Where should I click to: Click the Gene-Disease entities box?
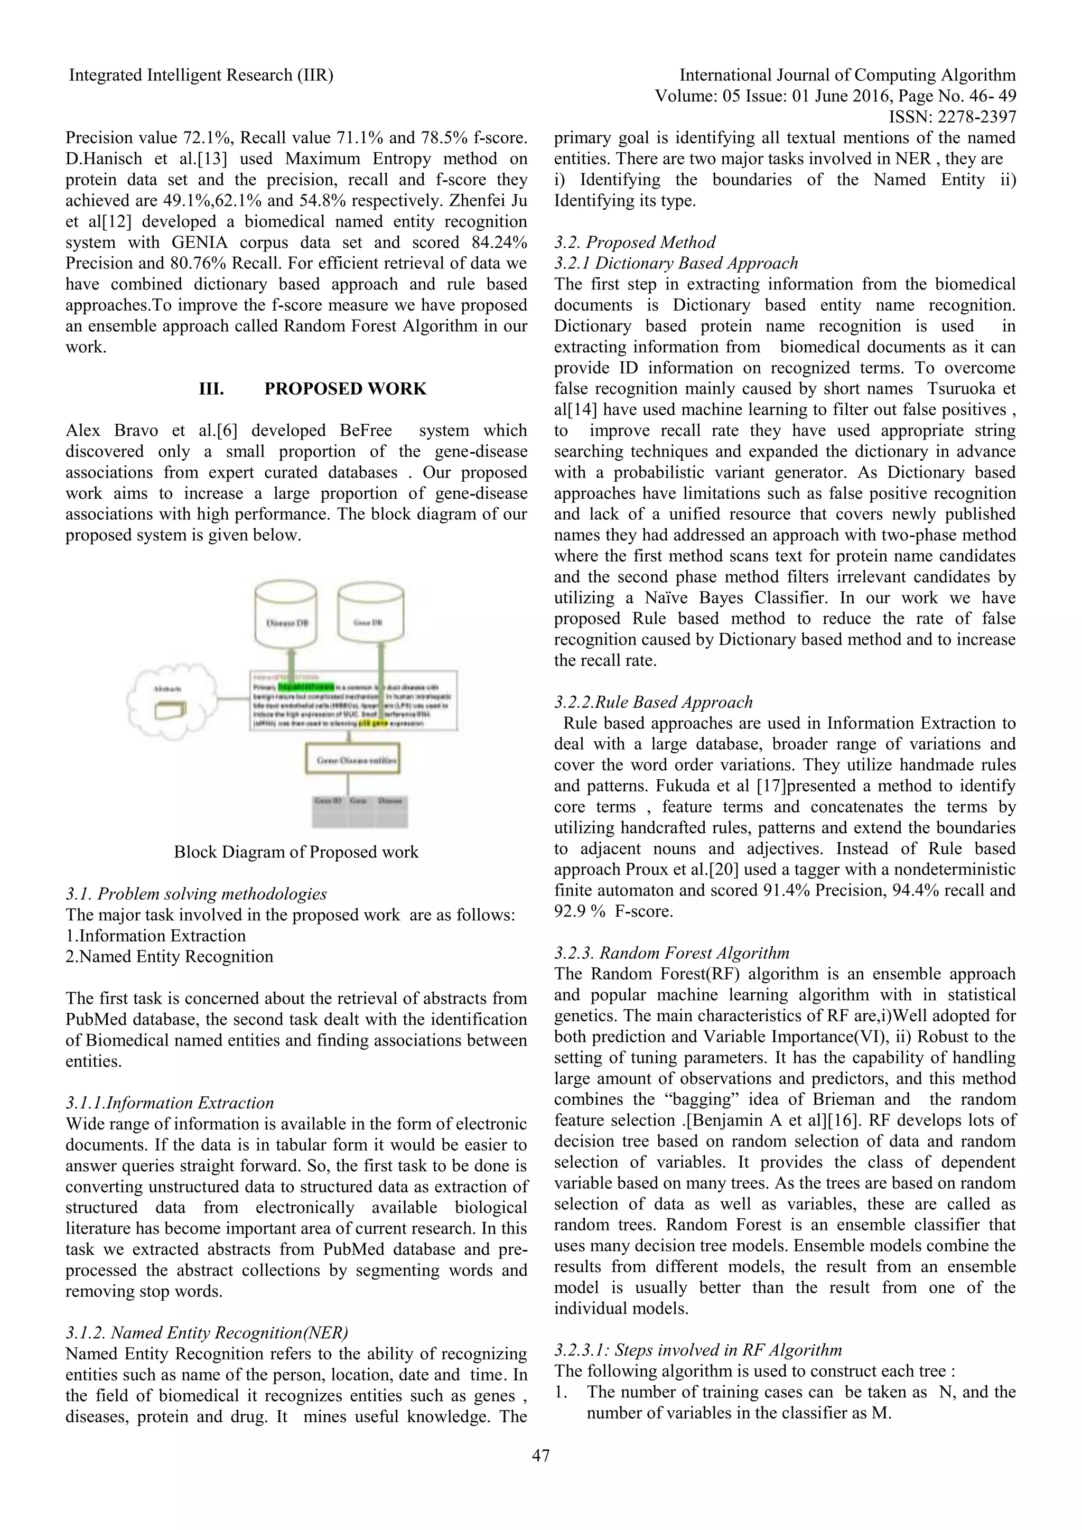352,760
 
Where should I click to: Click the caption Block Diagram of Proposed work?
296,852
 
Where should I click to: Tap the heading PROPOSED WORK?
345,388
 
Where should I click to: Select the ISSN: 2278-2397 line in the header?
952,117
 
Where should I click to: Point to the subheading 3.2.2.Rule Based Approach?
653,702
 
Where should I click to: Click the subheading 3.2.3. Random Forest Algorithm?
671,953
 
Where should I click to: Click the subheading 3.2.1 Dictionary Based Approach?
676,263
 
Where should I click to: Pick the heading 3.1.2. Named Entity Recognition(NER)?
207,1333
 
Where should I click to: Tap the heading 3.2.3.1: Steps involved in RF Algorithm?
697,1350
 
